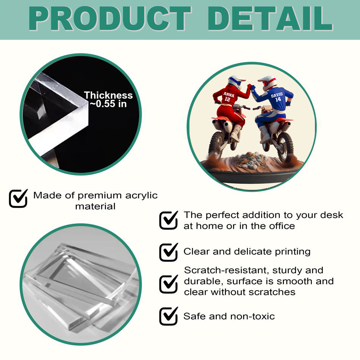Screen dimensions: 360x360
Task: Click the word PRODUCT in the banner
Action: [x=110, y=18]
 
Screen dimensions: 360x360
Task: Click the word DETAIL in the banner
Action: [x=270, y=18]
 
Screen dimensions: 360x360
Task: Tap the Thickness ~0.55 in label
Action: [x=108, y=99]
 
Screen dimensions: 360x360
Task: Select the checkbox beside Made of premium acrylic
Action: [x=18, y=198]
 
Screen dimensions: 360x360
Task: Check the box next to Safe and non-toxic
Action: [x=169, y=316]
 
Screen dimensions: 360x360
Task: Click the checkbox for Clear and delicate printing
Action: [x=169, y=252]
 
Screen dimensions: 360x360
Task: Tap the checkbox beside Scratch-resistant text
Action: [x=169, y=284]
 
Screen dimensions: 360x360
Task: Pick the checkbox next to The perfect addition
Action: [x=169, y=220]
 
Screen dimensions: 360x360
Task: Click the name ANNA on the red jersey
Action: [x=229, y=94]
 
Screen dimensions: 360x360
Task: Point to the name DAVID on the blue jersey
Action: [x=277, y=95]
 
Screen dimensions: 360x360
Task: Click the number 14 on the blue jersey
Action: [x=278, y=99]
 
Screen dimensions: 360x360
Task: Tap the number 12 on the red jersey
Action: [x=227, y=99]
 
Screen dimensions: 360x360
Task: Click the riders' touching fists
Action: [x=251, y=87]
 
